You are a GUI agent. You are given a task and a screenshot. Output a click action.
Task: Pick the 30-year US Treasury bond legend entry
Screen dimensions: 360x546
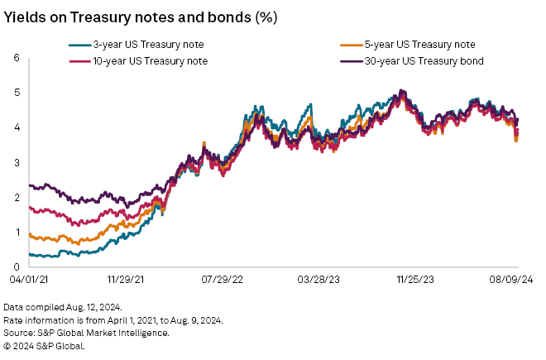click(x=423, y=60)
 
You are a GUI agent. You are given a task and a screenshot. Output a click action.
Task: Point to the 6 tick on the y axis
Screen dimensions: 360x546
click(x=16, y=57)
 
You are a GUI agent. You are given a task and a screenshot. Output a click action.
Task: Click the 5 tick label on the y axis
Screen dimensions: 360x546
click(x=16, y=92)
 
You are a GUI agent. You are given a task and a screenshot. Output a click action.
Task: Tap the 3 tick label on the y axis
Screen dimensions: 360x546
click(x=16, y=162)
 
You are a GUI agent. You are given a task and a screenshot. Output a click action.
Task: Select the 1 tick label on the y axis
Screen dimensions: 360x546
click(x=16, y=232)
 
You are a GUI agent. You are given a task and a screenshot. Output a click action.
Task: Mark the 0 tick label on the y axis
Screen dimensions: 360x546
click(x=16, y=266)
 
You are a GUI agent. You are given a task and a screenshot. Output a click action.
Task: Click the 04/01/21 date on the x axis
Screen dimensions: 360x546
click(x=22, y=281)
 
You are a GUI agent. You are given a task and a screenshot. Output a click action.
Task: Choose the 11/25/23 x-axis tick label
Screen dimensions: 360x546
click(x=416, y=281)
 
